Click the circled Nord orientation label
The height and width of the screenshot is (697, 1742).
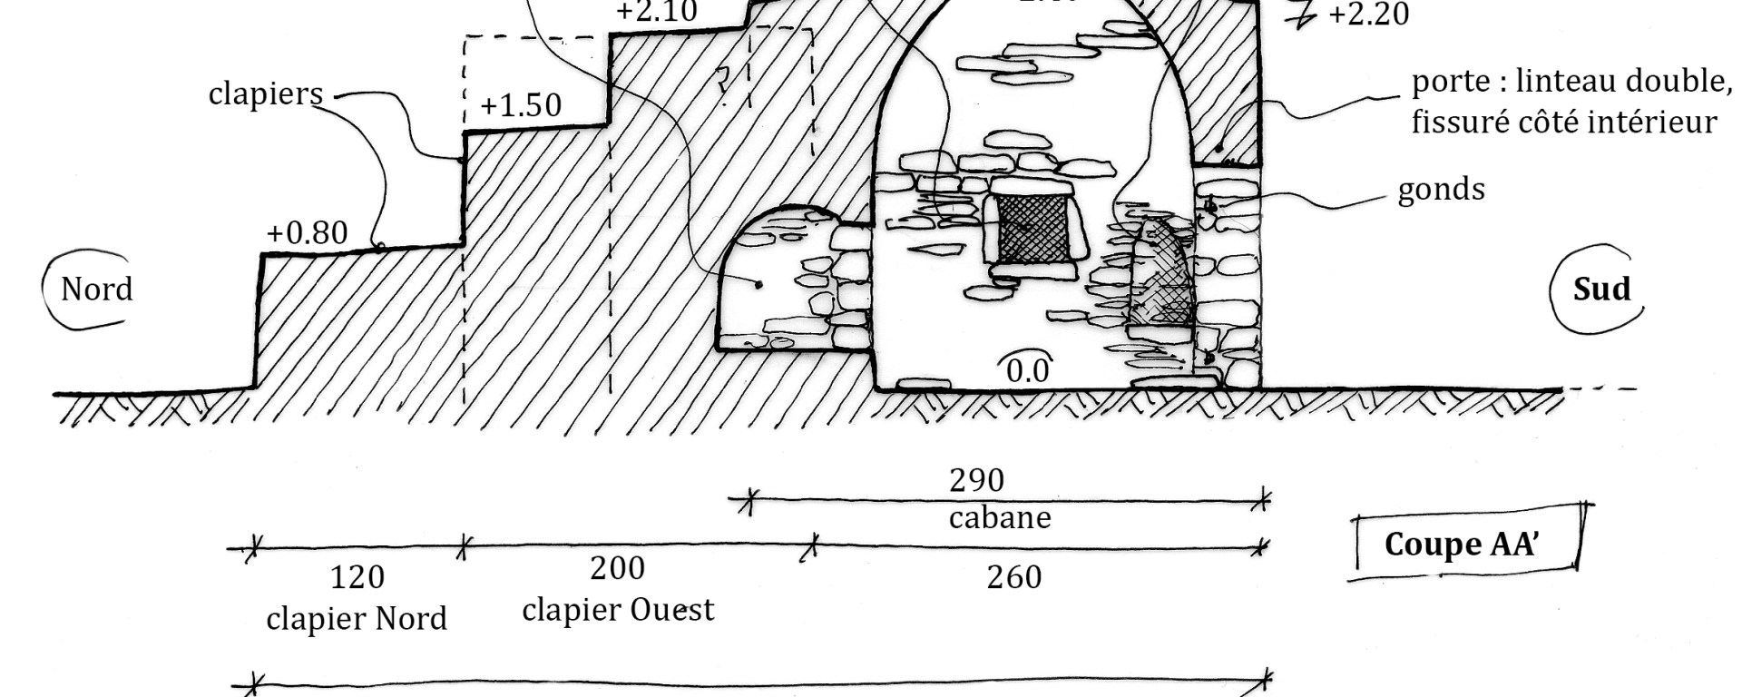[96, 290]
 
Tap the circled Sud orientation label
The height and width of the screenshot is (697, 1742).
[1600, 290]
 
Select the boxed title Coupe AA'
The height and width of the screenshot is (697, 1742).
[1460, 544]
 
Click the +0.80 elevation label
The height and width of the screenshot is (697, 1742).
[307, 233]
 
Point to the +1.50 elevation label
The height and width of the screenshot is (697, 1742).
[520, 105]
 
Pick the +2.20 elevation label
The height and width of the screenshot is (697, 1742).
[1368, 15]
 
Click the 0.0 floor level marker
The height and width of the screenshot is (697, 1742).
[1028, 370]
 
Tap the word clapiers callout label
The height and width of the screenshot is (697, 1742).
[265, 93]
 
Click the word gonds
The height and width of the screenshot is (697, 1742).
[1441, 190]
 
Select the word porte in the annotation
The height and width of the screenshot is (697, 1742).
[1446, 82]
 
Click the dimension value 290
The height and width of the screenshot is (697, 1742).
[976, 479]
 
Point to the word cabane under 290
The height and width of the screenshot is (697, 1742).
[1000, 518]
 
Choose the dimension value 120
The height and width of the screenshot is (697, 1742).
[357, 577]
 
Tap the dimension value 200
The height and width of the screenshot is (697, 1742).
[617, 568]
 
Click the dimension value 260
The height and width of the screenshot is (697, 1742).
[1013, 577]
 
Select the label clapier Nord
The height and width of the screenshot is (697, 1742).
[357, 619]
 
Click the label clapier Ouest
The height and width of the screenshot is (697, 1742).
[618, 609]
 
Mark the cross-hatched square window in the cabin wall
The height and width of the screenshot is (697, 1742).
[1032, 229]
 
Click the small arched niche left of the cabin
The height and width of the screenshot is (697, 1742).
[777, 281]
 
